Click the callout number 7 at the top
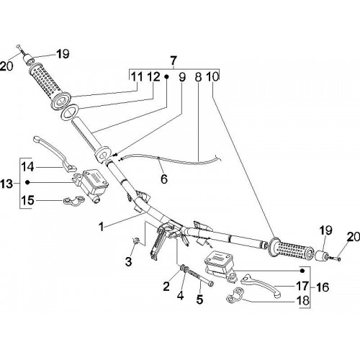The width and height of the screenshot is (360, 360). [174, 61]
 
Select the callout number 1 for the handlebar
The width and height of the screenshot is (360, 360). [102, 226]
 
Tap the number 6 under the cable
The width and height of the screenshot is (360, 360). [163, 179]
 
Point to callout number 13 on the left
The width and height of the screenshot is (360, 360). [6, 184]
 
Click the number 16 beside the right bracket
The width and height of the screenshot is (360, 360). [323, 287]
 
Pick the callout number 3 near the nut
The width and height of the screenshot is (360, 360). [129, 261]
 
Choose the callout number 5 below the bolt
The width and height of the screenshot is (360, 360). [199, 300]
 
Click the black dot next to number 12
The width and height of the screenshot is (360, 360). [166, 77]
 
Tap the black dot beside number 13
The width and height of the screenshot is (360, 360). [27, 183]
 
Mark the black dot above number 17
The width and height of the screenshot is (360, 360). [302, 271]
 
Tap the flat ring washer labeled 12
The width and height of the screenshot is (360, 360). [69, 112]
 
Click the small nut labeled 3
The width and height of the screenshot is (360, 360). [136, 240]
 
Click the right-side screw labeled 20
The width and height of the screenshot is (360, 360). [334, 258]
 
